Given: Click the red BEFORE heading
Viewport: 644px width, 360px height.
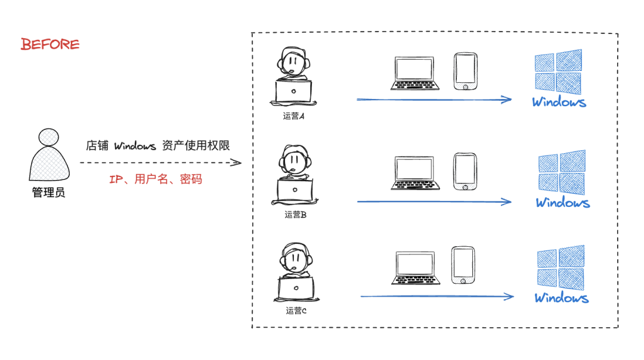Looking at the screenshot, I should click(x=50, y=44).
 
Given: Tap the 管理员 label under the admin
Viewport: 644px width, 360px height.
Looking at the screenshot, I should click(x=48, y=193).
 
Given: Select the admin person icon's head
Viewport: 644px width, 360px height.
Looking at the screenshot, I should click(x=48, y=138).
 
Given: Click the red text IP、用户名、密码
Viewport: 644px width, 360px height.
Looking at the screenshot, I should click(x=156, y=179).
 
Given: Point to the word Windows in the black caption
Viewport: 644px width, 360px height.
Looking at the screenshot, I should click(x=135, y=146).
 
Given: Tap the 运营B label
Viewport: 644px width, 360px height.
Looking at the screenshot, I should click(x=295, y=215).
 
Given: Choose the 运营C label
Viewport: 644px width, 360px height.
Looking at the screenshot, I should click(x=296, y=311).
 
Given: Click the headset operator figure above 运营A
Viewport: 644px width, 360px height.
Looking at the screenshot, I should click(x=293, y=77).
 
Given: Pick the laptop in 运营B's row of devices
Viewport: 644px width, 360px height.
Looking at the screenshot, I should click(x=415, y=173).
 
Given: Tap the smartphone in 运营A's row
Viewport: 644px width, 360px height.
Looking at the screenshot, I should click(x=465, y=72).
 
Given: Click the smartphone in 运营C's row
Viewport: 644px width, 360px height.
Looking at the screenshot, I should click(x=463, y=265).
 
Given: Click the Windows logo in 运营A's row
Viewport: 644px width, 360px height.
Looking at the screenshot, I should click(x=559, y=71).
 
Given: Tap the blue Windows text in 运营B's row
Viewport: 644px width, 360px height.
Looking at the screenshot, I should click(x=562, y=203).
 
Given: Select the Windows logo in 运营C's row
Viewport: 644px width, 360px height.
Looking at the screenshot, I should click(x=561, y=268).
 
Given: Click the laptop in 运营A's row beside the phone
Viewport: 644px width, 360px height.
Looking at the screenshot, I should click(x=415, y=73).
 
